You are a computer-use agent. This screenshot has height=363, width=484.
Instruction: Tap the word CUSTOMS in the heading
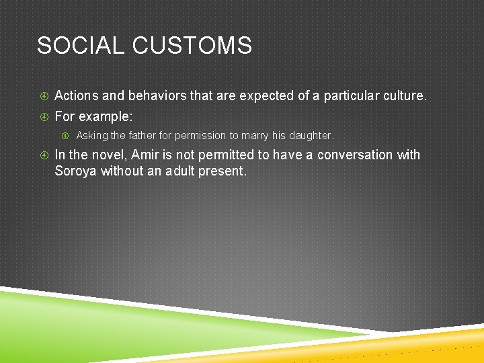(x=192, y=46)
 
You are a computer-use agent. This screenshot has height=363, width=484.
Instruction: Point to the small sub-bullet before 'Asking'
(x=65, y=136)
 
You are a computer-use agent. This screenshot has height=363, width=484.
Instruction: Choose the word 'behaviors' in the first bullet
(x=157, y=96)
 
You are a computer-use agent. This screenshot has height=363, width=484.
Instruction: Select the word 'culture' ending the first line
(x=401, y=96)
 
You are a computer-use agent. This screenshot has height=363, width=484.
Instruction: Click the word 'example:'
(x=106, y=116)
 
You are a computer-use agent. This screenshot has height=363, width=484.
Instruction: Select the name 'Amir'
(x=145, y=155)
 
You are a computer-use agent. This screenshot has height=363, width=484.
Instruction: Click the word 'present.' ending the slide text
(x=226, y=171)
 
